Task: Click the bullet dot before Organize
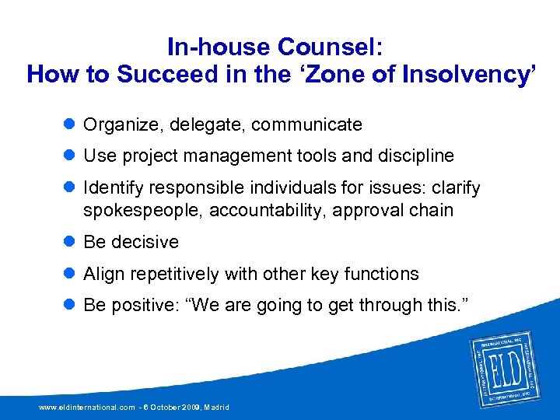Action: pos(69,124)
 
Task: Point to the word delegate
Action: pos(195,124)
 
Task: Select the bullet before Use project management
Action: pos(69,156)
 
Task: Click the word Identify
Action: pos(114,188)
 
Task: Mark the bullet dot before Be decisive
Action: pos(69,242)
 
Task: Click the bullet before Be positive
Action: pos(69,306)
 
